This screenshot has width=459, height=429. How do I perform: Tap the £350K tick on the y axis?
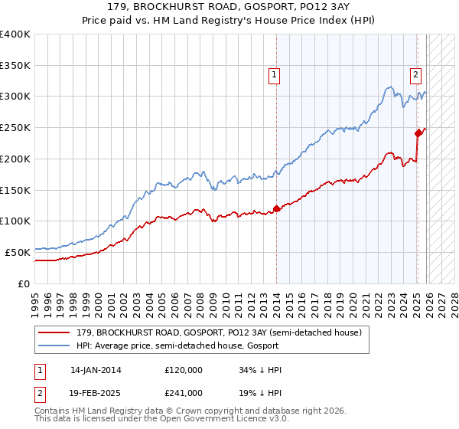point(15,65)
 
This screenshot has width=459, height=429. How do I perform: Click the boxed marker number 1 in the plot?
point(274,74)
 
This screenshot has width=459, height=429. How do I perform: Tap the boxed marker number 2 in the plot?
point(415,74)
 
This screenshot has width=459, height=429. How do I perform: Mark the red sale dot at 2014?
point(276,208)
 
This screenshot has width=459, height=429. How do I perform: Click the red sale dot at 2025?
point(418,133)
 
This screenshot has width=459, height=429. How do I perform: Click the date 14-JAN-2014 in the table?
point(96,370)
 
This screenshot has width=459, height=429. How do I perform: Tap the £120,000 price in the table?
point(184,370)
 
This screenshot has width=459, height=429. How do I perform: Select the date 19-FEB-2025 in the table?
point(96,392)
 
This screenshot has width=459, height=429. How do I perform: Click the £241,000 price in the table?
point(184,392)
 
